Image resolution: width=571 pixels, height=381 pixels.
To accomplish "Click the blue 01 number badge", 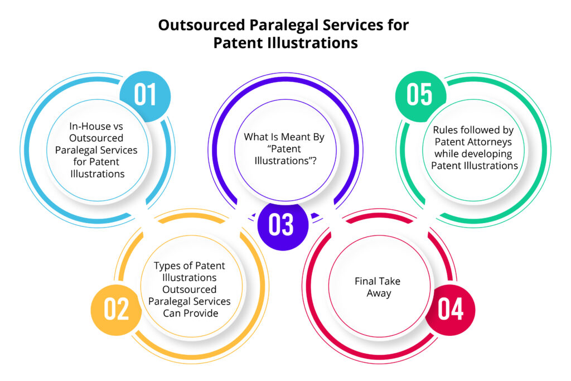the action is (x=145, y=96).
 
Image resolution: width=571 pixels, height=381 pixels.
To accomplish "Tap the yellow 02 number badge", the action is (x=116, y=310).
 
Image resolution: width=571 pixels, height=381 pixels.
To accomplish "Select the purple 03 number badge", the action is (x=283, y=225).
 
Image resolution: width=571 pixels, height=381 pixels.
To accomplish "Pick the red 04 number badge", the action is (x=450, y=310).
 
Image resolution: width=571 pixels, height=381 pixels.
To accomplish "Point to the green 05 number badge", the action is (x=420, y=96).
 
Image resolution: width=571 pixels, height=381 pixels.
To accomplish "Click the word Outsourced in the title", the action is (x=201, y=25).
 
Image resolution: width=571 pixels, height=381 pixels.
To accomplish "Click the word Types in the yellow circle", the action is (x=166, y=266).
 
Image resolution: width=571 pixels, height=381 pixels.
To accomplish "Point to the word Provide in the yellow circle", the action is (x=202, y=314).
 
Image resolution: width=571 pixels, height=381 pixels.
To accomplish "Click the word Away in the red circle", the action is (x=379, y=293).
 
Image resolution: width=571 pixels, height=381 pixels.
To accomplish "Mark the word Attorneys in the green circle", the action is (x=490, y=142).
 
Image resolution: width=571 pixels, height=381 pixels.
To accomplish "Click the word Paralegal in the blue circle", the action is (x=76, y=151).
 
